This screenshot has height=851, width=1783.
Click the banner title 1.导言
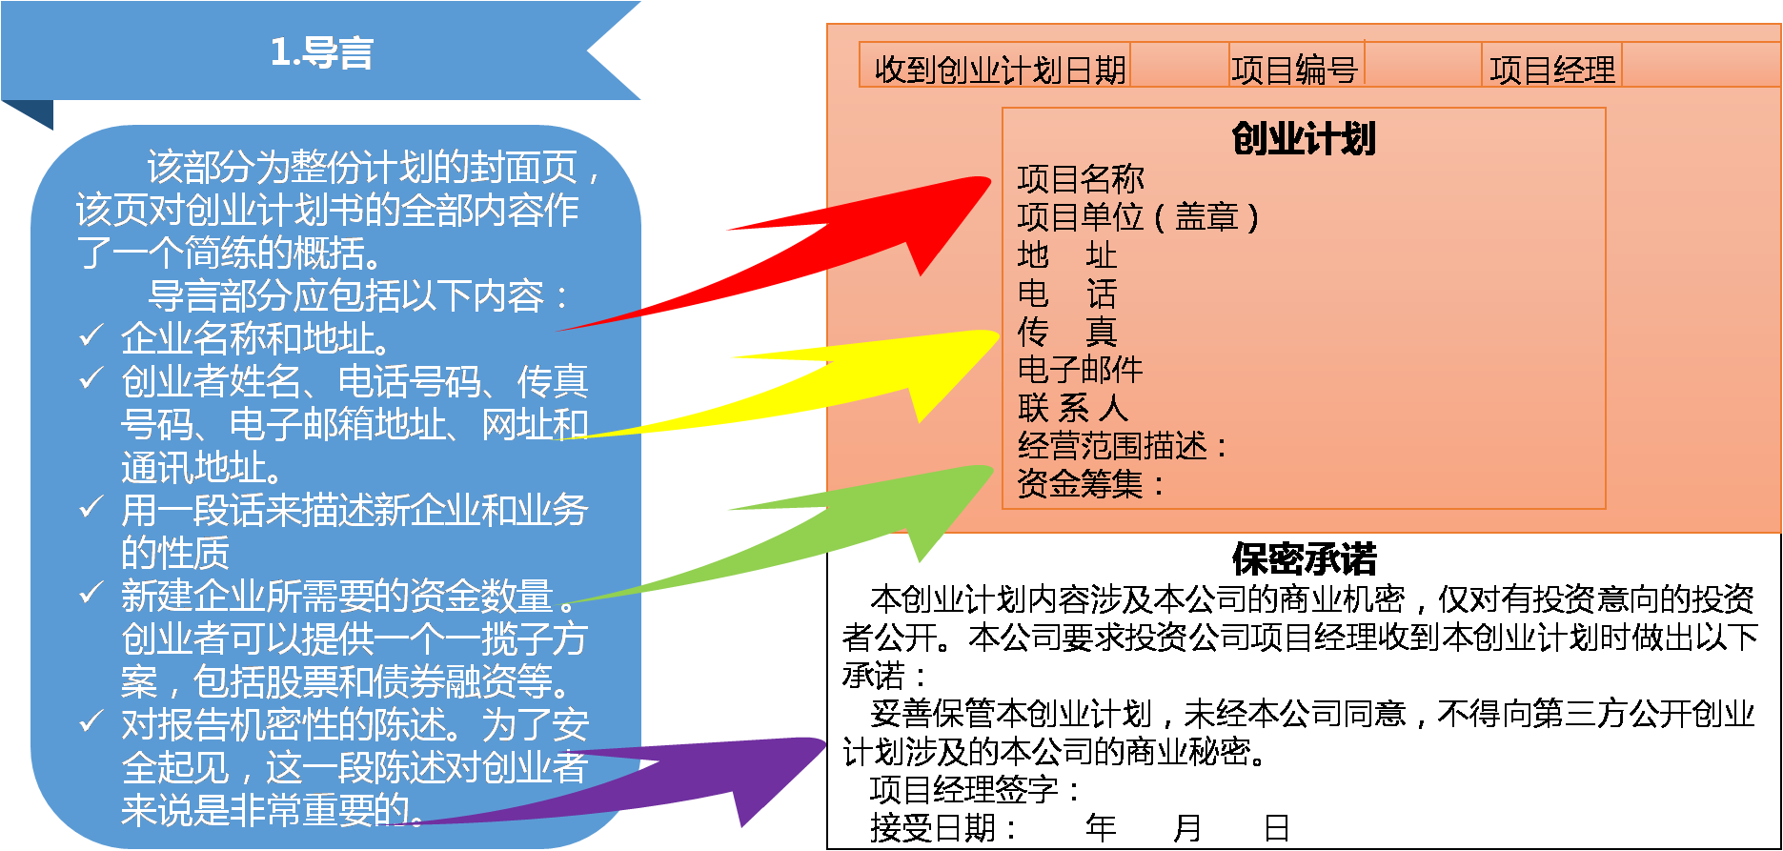(321, 52)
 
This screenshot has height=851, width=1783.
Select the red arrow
(858, 238)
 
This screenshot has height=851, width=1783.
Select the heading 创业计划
(1304, 139)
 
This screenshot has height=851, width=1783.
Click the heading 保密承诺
(1304, 559)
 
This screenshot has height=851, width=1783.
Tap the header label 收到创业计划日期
(1000, 70)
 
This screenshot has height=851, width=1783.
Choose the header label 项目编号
(1294, 70)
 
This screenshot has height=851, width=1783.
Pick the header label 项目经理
(1552, 70)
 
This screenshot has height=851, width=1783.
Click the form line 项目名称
(1081, 178)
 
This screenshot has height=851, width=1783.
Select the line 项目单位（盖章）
(1138, 217)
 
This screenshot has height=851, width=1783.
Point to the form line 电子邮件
(1081, 369)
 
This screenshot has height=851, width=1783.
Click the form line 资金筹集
(1090, 484)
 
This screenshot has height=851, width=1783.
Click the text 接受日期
(942, 827)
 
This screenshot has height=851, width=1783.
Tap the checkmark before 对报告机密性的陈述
(91, 721)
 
